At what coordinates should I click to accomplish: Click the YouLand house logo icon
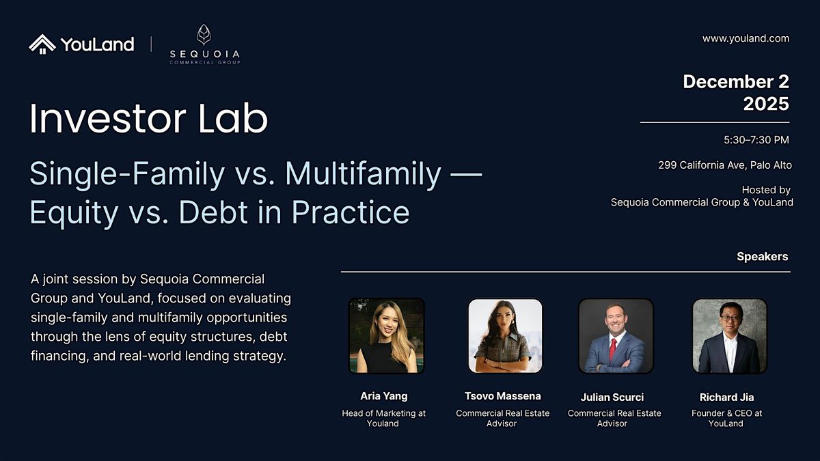pos(42,44)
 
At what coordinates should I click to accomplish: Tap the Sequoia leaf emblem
pos(204,35)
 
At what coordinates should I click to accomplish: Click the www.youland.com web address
pos(746,38)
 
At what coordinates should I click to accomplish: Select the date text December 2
pos(736,81)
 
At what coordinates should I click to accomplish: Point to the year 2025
pos(765,104)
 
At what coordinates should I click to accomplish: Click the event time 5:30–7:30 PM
pos(756,140)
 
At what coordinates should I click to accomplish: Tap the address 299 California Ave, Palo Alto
pos(724,165)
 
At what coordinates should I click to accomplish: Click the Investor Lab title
pos(148,119)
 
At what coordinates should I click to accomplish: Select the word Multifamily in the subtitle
pos(363,175)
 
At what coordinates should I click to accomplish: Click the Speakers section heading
pos(762,257)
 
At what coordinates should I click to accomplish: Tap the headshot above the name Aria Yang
pos(387,336)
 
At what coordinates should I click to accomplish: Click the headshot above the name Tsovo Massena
pos(505,336)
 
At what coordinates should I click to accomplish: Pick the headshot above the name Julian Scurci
pos(615,336)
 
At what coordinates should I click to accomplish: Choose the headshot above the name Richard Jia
pos(729,336)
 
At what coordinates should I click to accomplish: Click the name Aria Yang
pos(383,396)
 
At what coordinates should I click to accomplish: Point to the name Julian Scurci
pos(612,397)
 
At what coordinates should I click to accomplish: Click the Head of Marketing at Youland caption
pos(383,418)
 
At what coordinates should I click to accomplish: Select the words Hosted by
pos(765,190)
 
